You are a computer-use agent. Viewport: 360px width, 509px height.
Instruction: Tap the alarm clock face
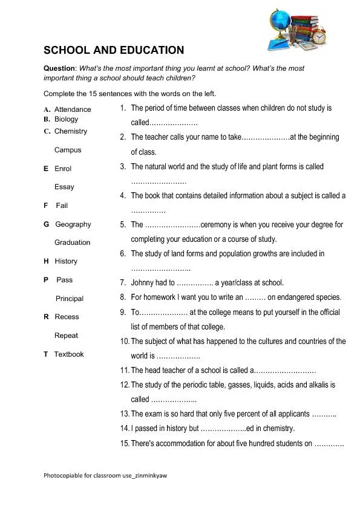(x=319, y=37)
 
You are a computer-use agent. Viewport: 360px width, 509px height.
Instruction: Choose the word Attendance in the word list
(x=73, y=109)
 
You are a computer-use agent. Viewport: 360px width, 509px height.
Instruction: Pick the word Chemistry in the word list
(x=71, y=131)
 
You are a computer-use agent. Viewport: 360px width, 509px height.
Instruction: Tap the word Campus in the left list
(x=68, y=150)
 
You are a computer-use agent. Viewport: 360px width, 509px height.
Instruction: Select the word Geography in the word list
(x=73, y=224)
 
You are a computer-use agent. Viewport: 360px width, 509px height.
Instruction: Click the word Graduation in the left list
(x=72, y=242)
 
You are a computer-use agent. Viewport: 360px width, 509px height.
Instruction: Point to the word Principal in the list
(x=70, y=299)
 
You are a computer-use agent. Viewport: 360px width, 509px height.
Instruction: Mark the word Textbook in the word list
(x=69, y=354)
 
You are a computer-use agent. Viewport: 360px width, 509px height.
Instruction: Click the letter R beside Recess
(x=46, y=317)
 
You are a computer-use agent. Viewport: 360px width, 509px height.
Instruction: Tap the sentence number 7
(x=122, y=282)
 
